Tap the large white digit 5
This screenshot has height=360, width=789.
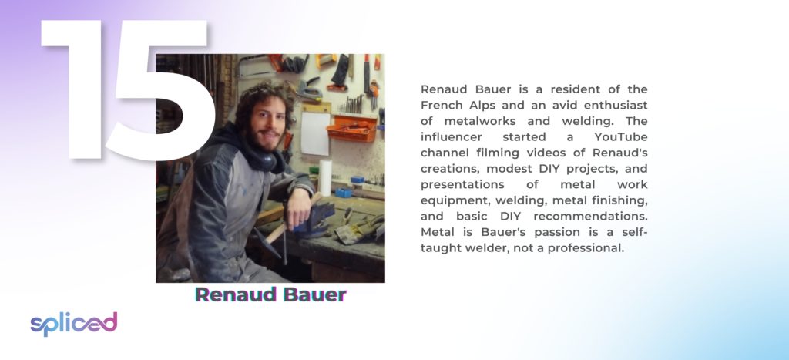(162, 91)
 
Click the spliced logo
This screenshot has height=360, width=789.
(74, 324)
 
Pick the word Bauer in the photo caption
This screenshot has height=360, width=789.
(314, 294)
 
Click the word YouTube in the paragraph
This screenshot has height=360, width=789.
(620, 137)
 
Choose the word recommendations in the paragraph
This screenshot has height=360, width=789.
(590, 217)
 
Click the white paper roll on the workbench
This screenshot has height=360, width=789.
(325, 177)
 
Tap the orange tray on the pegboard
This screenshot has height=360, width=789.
(351, 129)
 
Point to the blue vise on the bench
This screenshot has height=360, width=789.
(314, 218)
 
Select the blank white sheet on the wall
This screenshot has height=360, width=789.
(315, 133)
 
